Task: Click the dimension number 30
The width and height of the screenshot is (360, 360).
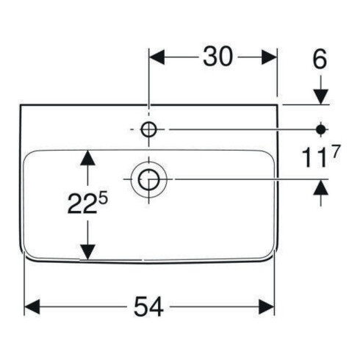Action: click(217, 57)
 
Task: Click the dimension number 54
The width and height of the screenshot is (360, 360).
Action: click(148, 306)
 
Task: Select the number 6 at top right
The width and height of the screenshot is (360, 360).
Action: click(320, 59)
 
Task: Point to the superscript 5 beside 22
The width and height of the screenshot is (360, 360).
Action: click(103, 198)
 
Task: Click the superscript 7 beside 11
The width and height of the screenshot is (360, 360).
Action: click(336, 151)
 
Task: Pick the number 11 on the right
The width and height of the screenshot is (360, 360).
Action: click(314, 158)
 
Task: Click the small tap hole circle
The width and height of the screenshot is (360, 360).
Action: click(148, 129)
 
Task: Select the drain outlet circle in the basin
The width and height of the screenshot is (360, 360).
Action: click(149, 179)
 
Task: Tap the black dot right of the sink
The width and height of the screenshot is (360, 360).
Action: click(321, 129)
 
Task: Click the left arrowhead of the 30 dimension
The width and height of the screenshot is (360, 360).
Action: click(157, 57)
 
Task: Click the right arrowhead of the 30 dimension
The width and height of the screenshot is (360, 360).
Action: click(269, 57)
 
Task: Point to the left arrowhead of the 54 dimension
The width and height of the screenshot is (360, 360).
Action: click(32, 306)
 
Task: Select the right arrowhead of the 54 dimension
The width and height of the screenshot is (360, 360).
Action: click(266, 306)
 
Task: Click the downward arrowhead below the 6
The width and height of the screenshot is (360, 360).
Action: click(321, 97)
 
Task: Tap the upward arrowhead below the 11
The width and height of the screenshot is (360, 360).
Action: click(321, 187)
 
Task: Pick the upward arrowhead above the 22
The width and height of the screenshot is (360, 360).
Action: click(87, 157)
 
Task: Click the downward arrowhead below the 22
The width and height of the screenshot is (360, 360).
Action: click(87, 252)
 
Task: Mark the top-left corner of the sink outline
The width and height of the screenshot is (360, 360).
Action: click(21, 105)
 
